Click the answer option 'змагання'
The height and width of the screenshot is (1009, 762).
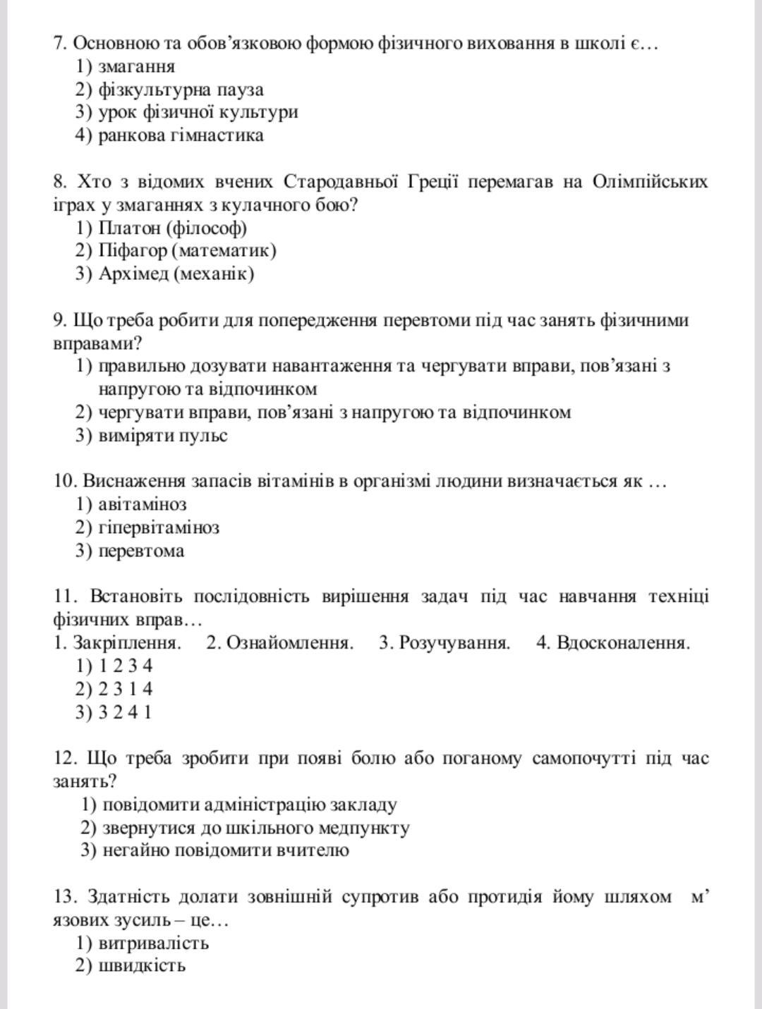[x=136, y=67]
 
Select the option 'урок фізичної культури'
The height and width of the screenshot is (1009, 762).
[x=198, y=112]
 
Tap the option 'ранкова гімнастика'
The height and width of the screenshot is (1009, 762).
[x=181, y=135]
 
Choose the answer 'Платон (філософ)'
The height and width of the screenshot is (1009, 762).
[x=172, y=228]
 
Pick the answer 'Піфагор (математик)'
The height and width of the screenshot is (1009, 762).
[x=187, y=251]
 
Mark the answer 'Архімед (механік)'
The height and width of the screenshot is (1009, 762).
[x=176, y=274]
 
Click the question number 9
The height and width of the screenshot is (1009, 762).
[x=59, y=321]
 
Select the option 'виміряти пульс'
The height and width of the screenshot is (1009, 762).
[x=163, y=436]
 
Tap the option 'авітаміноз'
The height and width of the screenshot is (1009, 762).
[x=143, y=504]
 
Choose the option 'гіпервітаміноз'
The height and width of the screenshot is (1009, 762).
[x=159, y=527]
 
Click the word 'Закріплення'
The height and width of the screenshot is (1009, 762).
[x=126, y=643]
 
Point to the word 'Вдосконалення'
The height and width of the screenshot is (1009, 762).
[x=622, y=643]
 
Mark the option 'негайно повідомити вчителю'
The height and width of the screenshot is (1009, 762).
[x=226, y=850]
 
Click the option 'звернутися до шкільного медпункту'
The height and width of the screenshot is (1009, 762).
[x=256, y=828]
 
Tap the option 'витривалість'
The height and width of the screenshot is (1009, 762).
[x=153, y=943]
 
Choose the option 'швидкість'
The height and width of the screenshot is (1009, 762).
[x=142, y=966]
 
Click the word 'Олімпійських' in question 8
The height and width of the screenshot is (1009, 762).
[x=650, y=182]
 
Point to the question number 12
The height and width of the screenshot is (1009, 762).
[x=64, y=759]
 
